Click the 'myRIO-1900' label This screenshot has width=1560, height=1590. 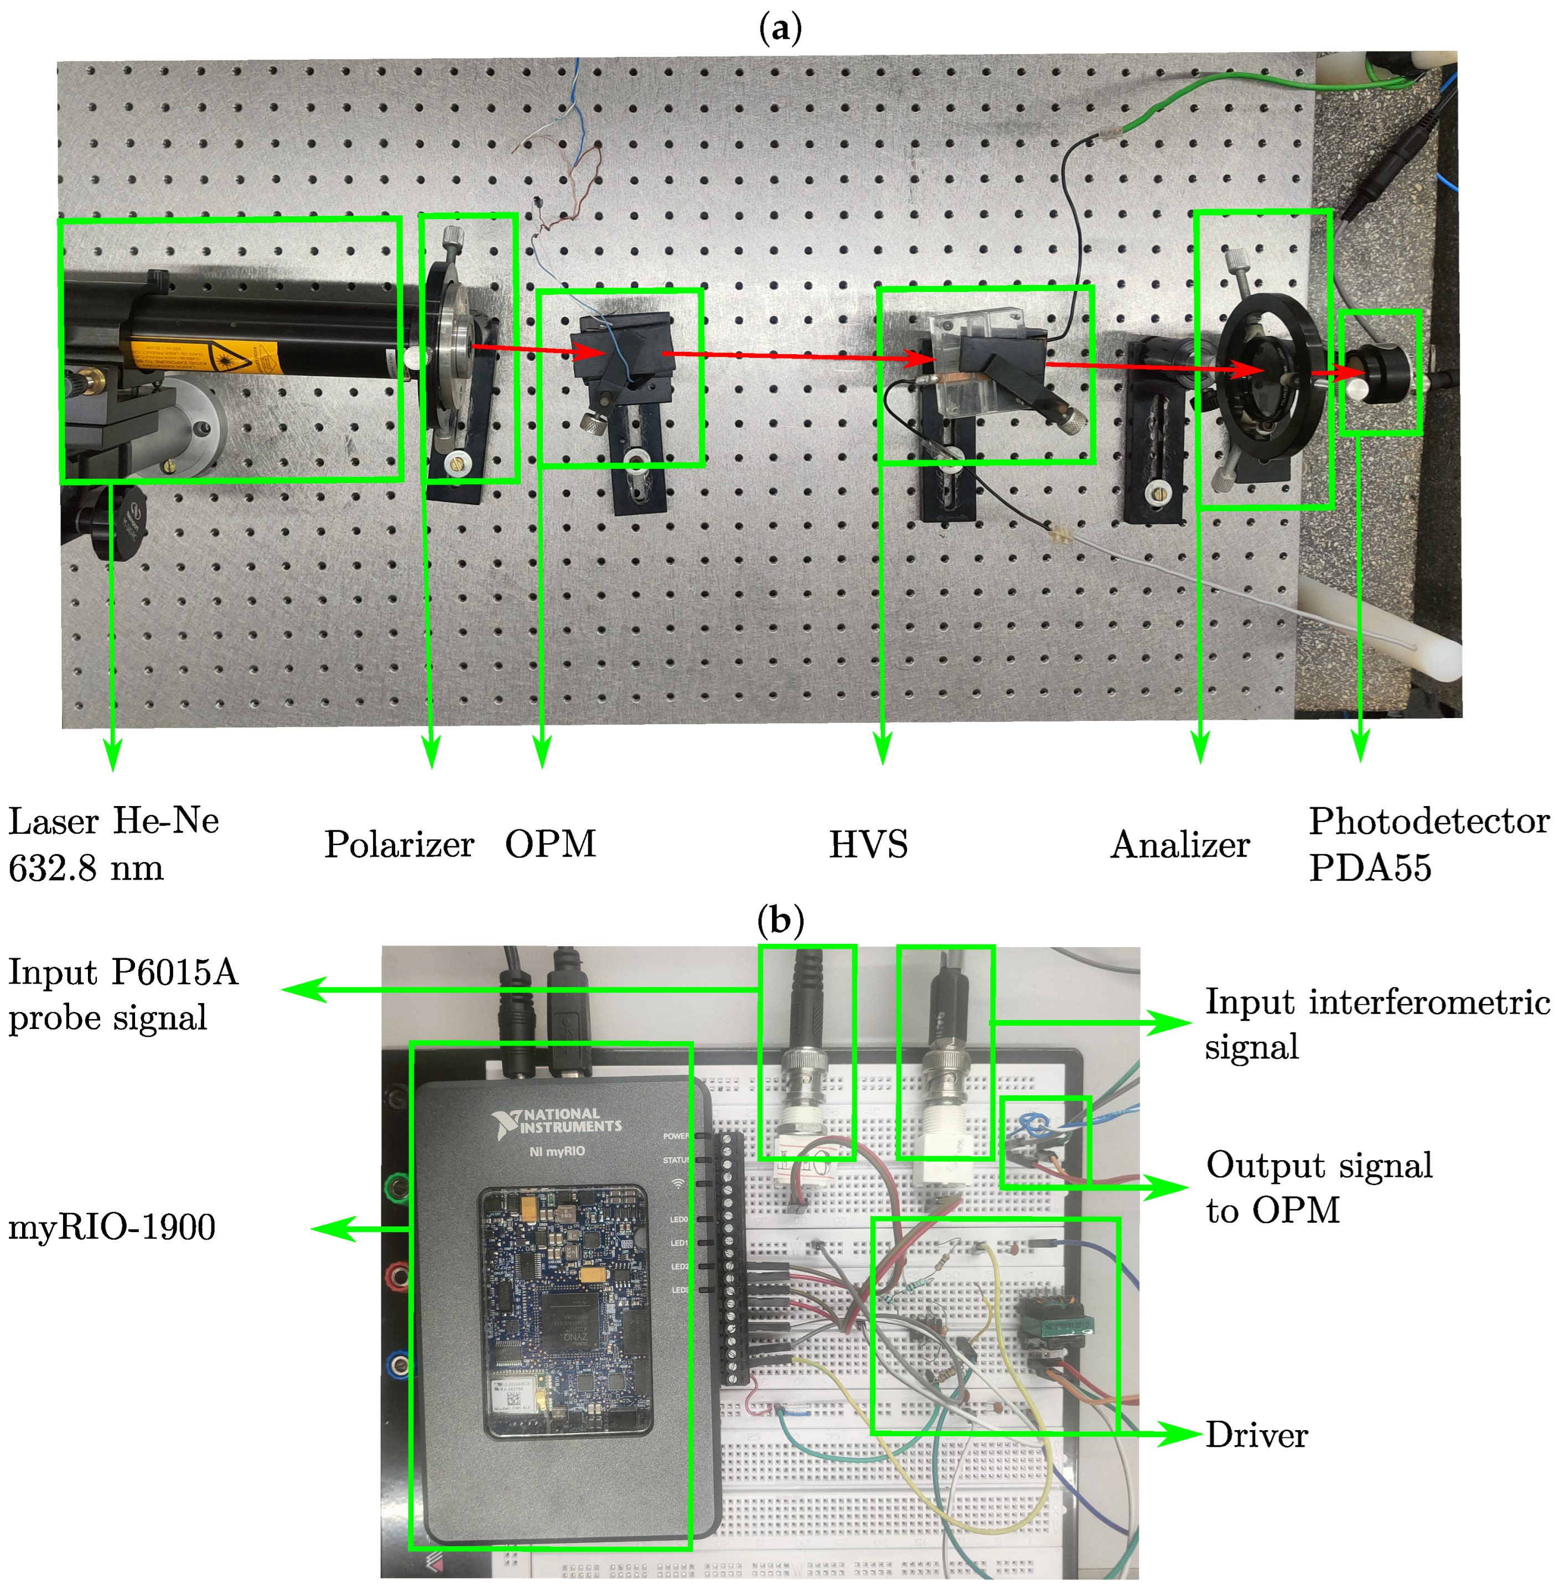point(111,1227)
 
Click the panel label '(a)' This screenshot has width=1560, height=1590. point(779,29)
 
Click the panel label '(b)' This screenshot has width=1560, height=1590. point(779,921)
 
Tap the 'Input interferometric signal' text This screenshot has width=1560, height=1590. point(1376,1024)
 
